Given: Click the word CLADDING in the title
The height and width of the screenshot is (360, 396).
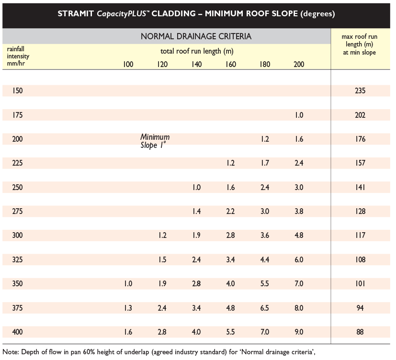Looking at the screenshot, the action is (x=173, y=13).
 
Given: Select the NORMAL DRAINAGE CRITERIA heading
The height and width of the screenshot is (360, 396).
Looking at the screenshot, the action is (x=196, y=36).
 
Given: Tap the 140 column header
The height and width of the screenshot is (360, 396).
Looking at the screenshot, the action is (x=196, y=64).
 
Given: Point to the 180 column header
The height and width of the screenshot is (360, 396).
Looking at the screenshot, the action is (x=265, y=64).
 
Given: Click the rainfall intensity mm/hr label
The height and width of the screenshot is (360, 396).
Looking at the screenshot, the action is (x=18, y=56).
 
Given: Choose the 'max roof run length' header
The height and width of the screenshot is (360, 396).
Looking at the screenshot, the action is (x=360, y=45).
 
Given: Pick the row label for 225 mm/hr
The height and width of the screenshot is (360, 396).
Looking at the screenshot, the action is (x=17, y=163).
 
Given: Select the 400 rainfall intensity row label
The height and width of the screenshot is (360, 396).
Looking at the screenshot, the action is (x=17, y=332).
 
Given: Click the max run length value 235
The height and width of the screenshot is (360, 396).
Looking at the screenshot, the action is (x=360, y=90).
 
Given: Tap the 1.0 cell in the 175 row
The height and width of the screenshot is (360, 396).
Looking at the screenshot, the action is (x=299, y=115).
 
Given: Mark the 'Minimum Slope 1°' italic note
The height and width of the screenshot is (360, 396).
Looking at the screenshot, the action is (x=155, y=141).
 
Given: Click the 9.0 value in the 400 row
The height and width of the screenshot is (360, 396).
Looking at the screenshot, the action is (x=299, y=332).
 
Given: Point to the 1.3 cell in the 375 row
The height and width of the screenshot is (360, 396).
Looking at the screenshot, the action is (x=128, y=308).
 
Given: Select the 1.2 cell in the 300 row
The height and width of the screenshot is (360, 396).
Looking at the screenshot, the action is (x=162, y=235).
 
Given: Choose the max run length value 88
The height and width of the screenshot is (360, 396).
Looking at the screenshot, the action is (x=360, y=332).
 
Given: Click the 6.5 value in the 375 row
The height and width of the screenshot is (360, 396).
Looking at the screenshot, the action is (x=265, y=308).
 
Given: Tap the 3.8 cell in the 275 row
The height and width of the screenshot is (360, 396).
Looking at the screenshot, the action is (x=299, y=211).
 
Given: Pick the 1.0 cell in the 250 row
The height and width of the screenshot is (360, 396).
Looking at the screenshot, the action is (x=196, y=187).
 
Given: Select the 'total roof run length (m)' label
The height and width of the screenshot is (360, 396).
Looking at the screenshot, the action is (x=197, y=51).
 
